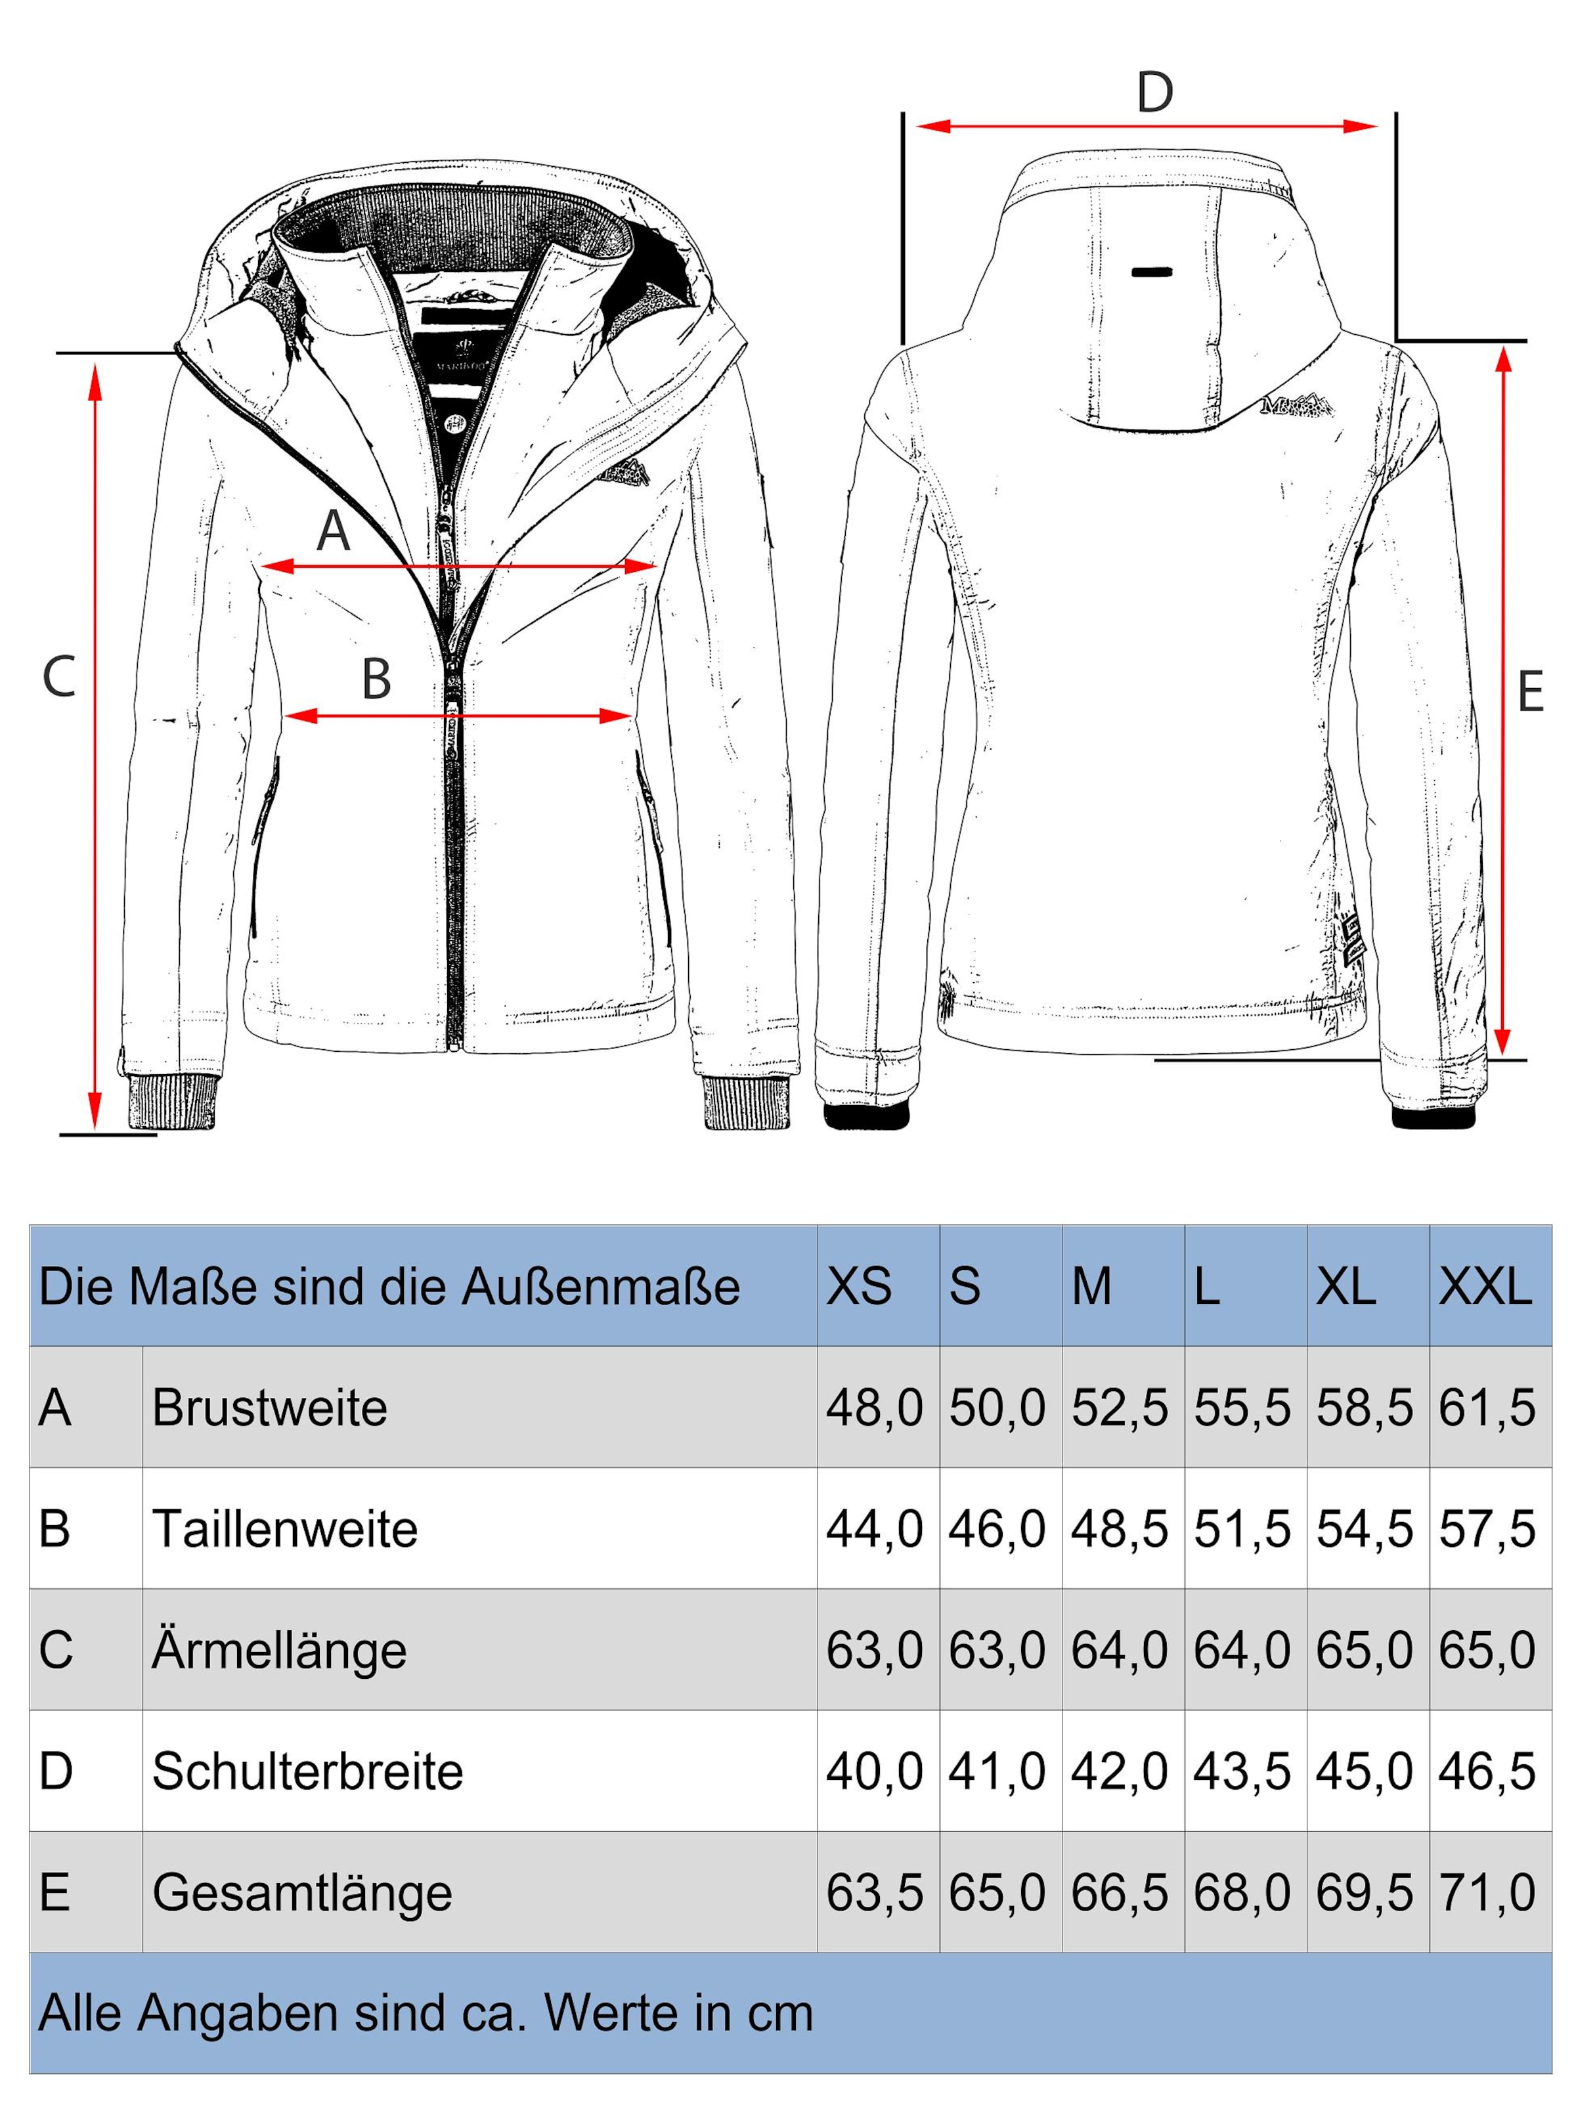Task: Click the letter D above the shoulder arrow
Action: (1154, 93)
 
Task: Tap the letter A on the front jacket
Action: (334, 531)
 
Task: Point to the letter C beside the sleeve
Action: (59, 677)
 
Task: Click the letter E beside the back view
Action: (1529, 693)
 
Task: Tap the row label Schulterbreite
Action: (307, 1771)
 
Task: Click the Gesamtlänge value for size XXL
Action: (1487, 1893)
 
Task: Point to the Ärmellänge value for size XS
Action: (874, 1651)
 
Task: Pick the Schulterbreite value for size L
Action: (1242, 1771)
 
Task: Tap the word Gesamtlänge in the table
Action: (302, 1893)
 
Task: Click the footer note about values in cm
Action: (426, 2012)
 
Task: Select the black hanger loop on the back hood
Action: (1151, 272)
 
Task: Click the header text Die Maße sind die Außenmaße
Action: (389, 1287)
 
